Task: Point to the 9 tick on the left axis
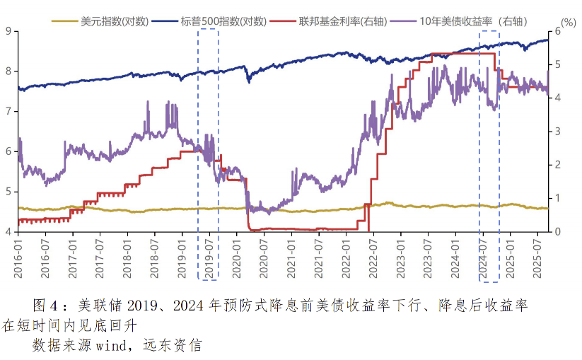tap(7, 31)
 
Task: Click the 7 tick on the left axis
tap(7, 111)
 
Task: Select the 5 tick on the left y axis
tap(7, 192)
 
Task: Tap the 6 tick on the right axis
tap(557, 31)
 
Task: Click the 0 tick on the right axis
tap(557, 231)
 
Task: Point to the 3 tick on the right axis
tap(557, 132)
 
